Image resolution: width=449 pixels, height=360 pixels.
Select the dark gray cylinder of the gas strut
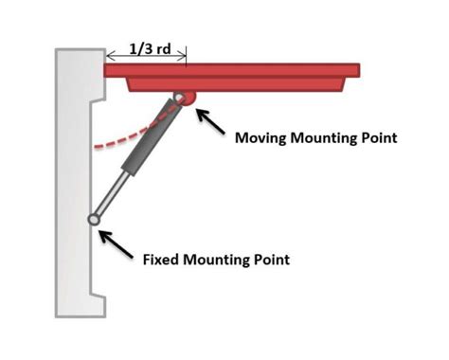[x=150, y=137]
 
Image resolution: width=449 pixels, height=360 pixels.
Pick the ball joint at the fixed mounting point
[x=95, y=220]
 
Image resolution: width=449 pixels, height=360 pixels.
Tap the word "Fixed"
[x=162, y=258]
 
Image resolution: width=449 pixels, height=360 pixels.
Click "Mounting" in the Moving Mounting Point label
[x=332, y=138]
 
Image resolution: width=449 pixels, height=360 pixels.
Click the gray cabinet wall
[x=71, y=189]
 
